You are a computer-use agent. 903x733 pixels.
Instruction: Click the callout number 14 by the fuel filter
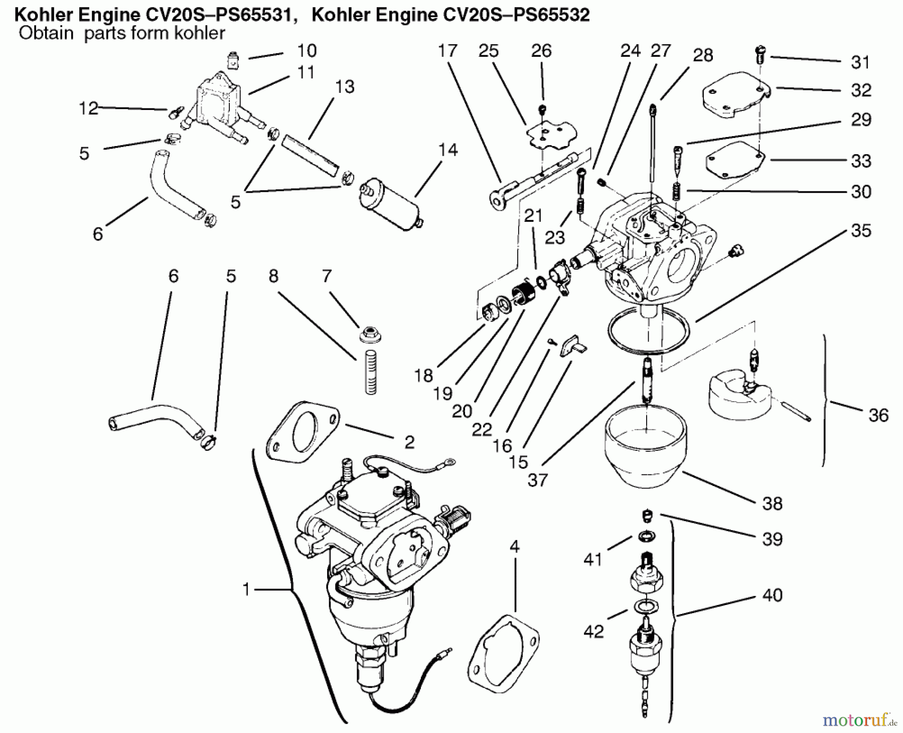(x=447, y=150)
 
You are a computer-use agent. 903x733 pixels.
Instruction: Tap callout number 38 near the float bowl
(x=772, y=503)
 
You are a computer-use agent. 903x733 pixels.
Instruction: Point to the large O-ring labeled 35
(x=648, y=331)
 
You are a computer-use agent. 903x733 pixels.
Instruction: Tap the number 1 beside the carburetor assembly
(x=246, y=589)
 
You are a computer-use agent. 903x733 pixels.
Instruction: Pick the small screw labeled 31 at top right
(x=760, y=54)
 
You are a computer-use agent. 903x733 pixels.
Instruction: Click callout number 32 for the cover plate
(x=861, y=90)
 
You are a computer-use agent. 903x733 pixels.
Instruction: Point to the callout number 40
(x=772, y=595)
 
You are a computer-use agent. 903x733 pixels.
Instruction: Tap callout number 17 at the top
(x=447, y=50)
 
